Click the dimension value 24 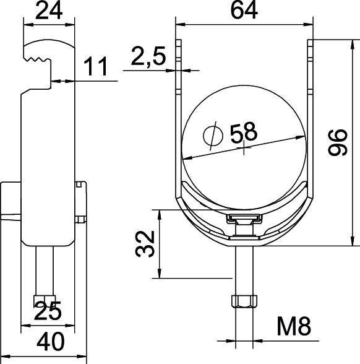(x=49, y=11)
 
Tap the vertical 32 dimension (x=144, y=244)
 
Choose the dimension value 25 (x=48, y=311)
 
